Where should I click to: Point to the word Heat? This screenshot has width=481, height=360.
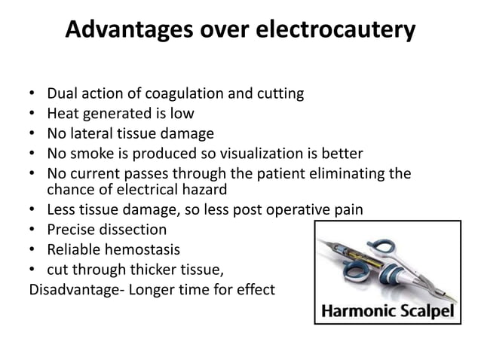(x=63, y=114)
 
